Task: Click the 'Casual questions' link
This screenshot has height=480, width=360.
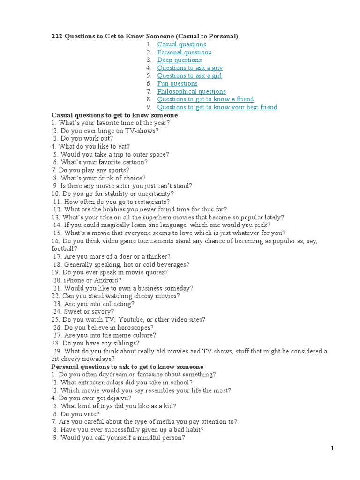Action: pyautogui.click(x=181, y=44)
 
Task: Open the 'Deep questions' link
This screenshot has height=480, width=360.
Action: pyautogui.click(x=179, y=60)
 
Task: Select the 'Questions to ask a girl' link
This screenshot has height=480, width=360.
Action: pyautogui.click(x=189, y=75)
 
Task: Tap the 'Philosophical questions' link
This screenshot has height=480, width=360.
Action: pyautogui.click(x=191, y=91)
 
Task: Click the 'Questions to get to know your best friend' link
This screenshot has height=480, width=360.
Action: pyautogui.click(x=217, y=107)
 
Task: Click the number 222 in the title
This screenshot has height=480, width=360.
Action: pyautogui.click(x=57, y=36)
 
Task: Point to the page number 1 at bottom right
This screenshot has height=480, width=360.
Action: pyautogui.click(x=332, y=449)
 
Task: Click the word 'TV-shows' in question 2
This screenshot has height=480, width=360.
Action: pyautogui.click(x=141, y=131)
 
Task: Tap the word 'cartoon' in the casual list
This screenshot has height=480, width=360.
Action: pyautogui.click(x=134, y=162)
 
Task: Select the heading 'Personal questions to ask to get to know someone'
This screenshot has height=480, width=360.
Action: pyautogui.click(x=127, y=367)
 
